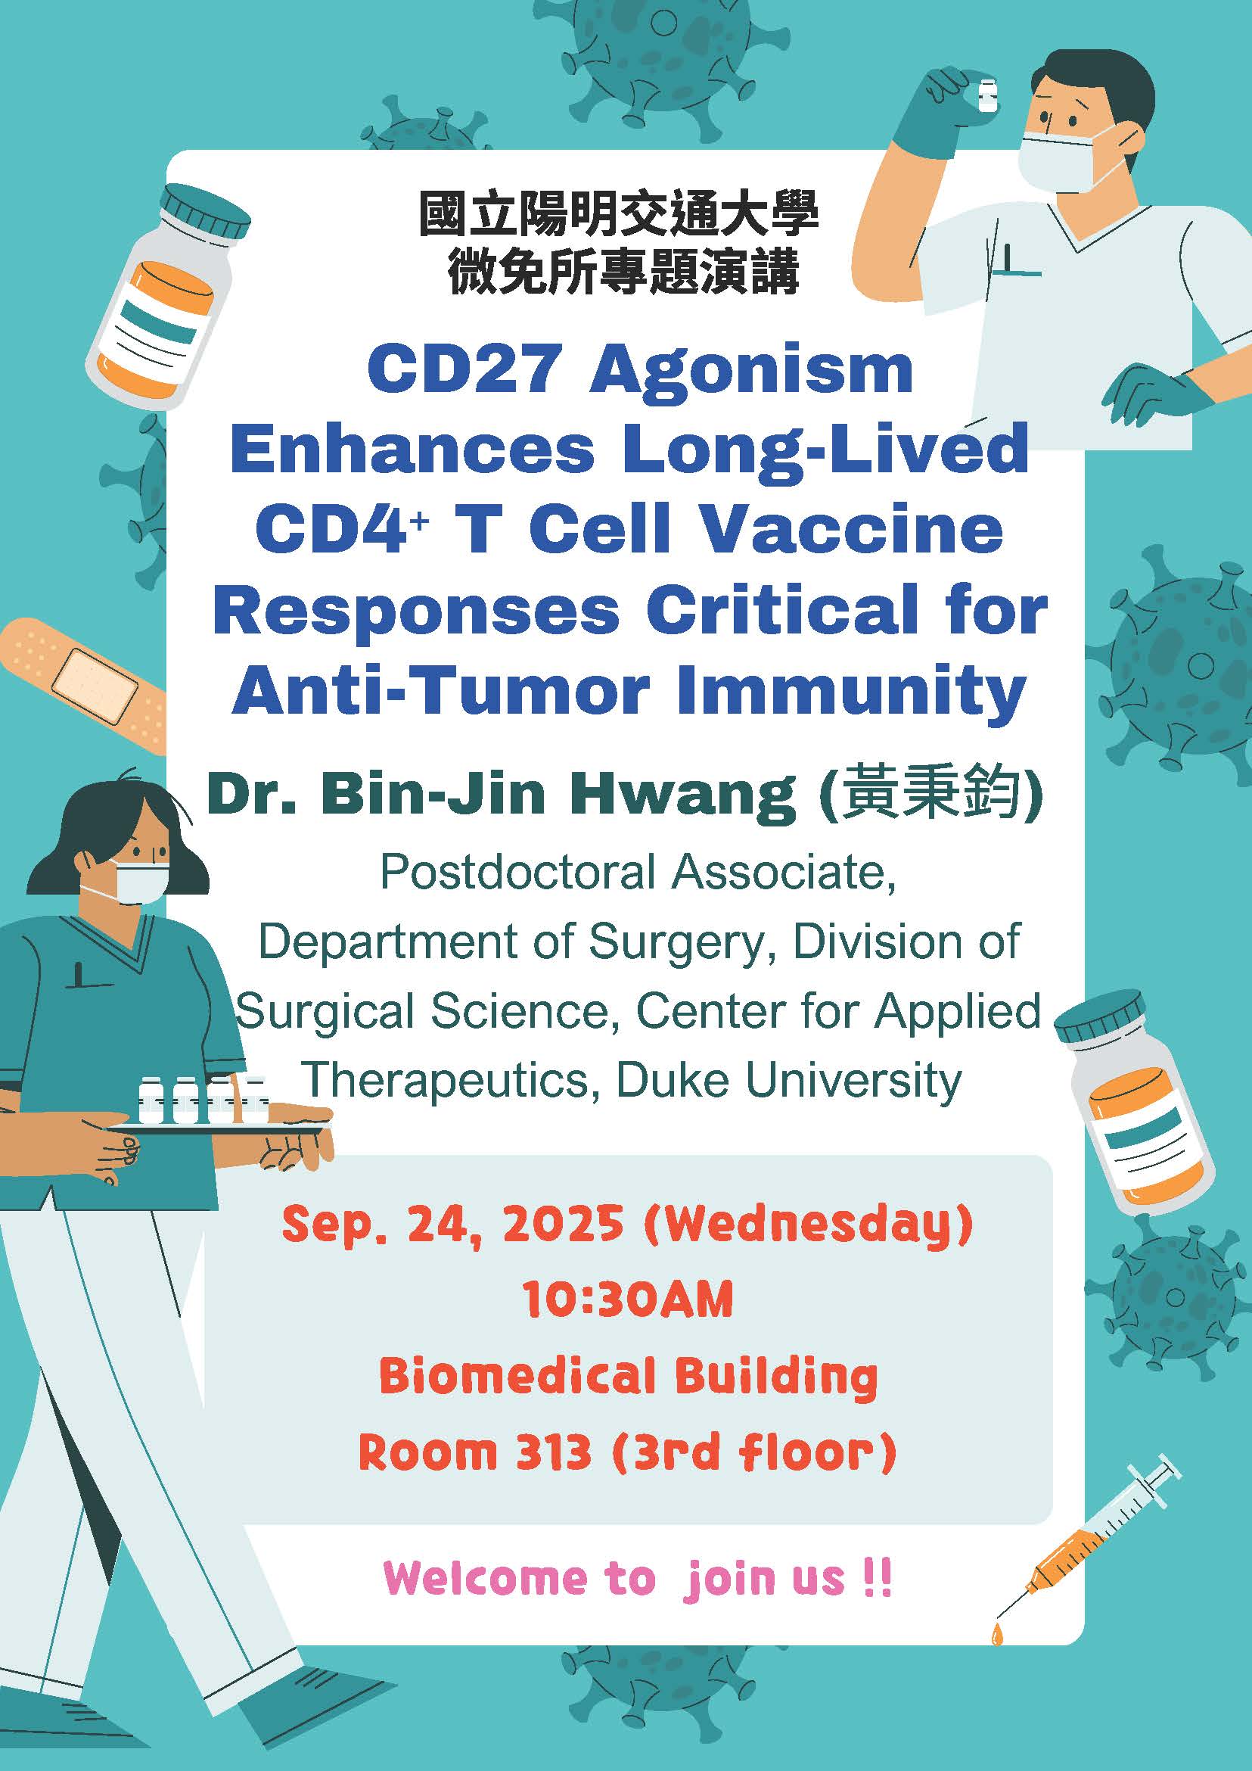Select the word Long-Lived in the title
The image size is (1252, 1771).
click(x=825, y=452)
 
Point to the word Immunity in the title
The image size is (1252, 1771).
click(x=851, y=693)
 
